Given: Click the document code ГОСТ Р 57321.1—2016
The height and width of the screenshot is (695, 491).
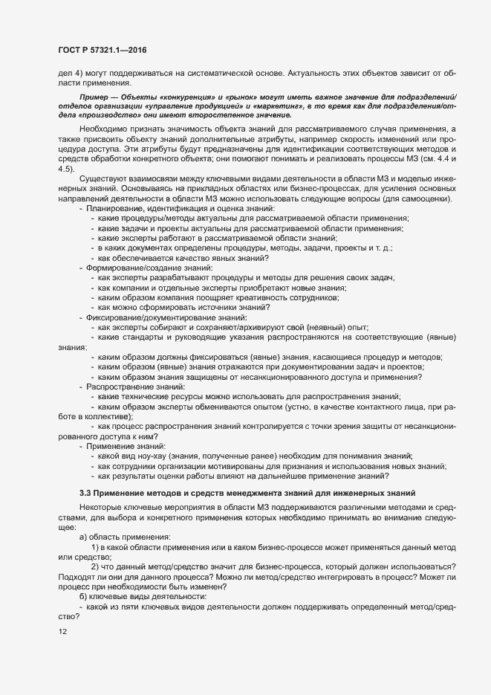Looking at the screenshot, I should pyautogui.click(x=107, y=49).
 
